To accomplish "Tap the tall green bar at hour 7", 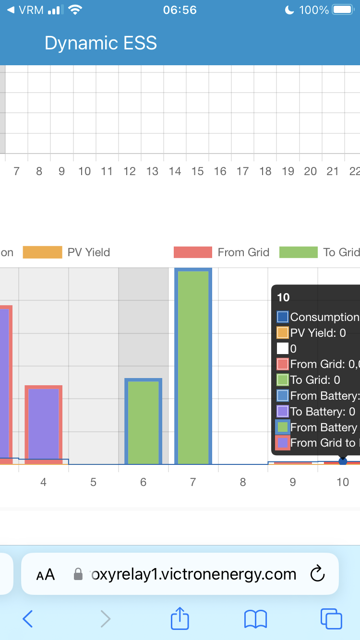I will click(x=193, y=367).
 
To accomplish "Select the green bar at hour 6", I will click(x=143, y=422).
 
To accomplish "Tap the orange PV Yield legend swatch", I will click(x=43, y=252).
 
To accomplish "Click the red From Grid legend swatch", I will click(x=192, y=252).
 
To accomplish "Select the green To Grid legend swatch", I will click(x=299, y=252).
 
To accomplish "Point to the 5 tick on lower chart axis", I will click(x=93, y=482).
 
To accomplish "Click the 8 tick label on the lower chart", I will click(x=243, y=482).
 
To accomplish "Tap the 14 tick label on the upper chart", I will click(x=175, y=171).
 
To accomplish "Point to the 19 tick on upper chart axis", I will click(x=288, y=171).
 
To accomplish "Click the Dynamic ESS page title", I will click(x=101, y=43).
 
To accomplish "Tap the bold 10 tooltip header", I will click(x=284, y=297).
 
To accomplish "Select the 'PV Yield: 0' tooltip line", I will click(x=318, y=332).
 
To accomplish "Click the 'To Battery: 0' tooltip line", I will click(x=323, y=411).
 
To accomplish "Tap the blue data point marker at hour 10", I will click(x=343, y=461).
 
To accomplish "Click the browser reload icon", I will click(x=318, y=574).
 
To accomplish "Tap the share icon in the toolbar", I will click(x=180, y=618).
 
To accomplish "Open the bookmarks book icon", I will click(x=255, y=619).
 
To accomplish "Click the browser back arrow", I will click(x=28, y=619).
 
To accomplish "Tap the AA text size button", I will click(x=46, y=574).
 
